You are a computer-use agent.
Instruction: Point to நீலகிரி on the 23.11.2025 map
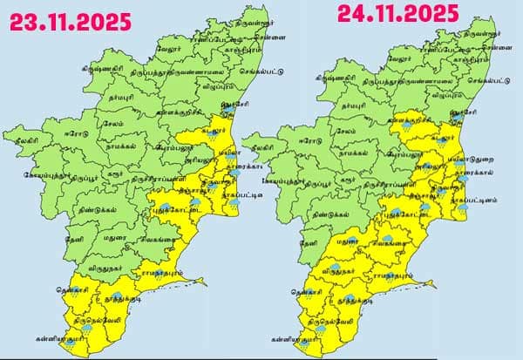(x=19, y=137)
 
